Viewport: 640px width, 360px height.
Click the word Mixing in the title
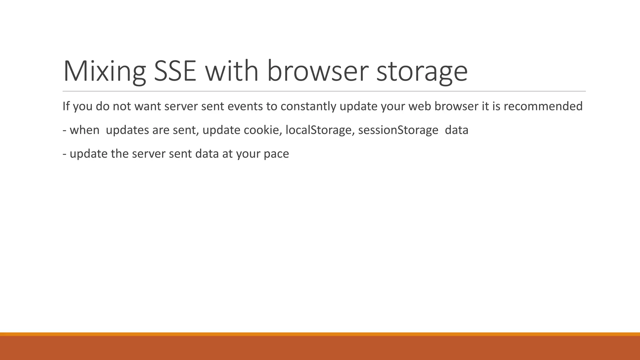coord(104,71)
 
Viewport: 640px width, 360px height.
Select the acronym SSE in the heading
coord(175,71)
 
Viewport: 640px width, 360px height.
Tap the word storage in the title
coord(422,71)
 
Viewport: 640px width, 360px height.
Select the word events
coord(245,106)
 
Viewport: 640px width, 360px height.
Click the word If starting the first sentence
coord(66,106)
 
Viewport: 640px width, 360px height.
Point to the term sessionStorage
coord(398,130)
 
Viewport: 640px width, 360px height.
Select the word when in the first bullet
coord(84,130)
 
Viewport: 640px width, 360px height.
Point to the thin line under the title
coord(324,91)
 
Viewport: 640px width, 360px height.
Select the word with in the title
coord(232,71)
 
